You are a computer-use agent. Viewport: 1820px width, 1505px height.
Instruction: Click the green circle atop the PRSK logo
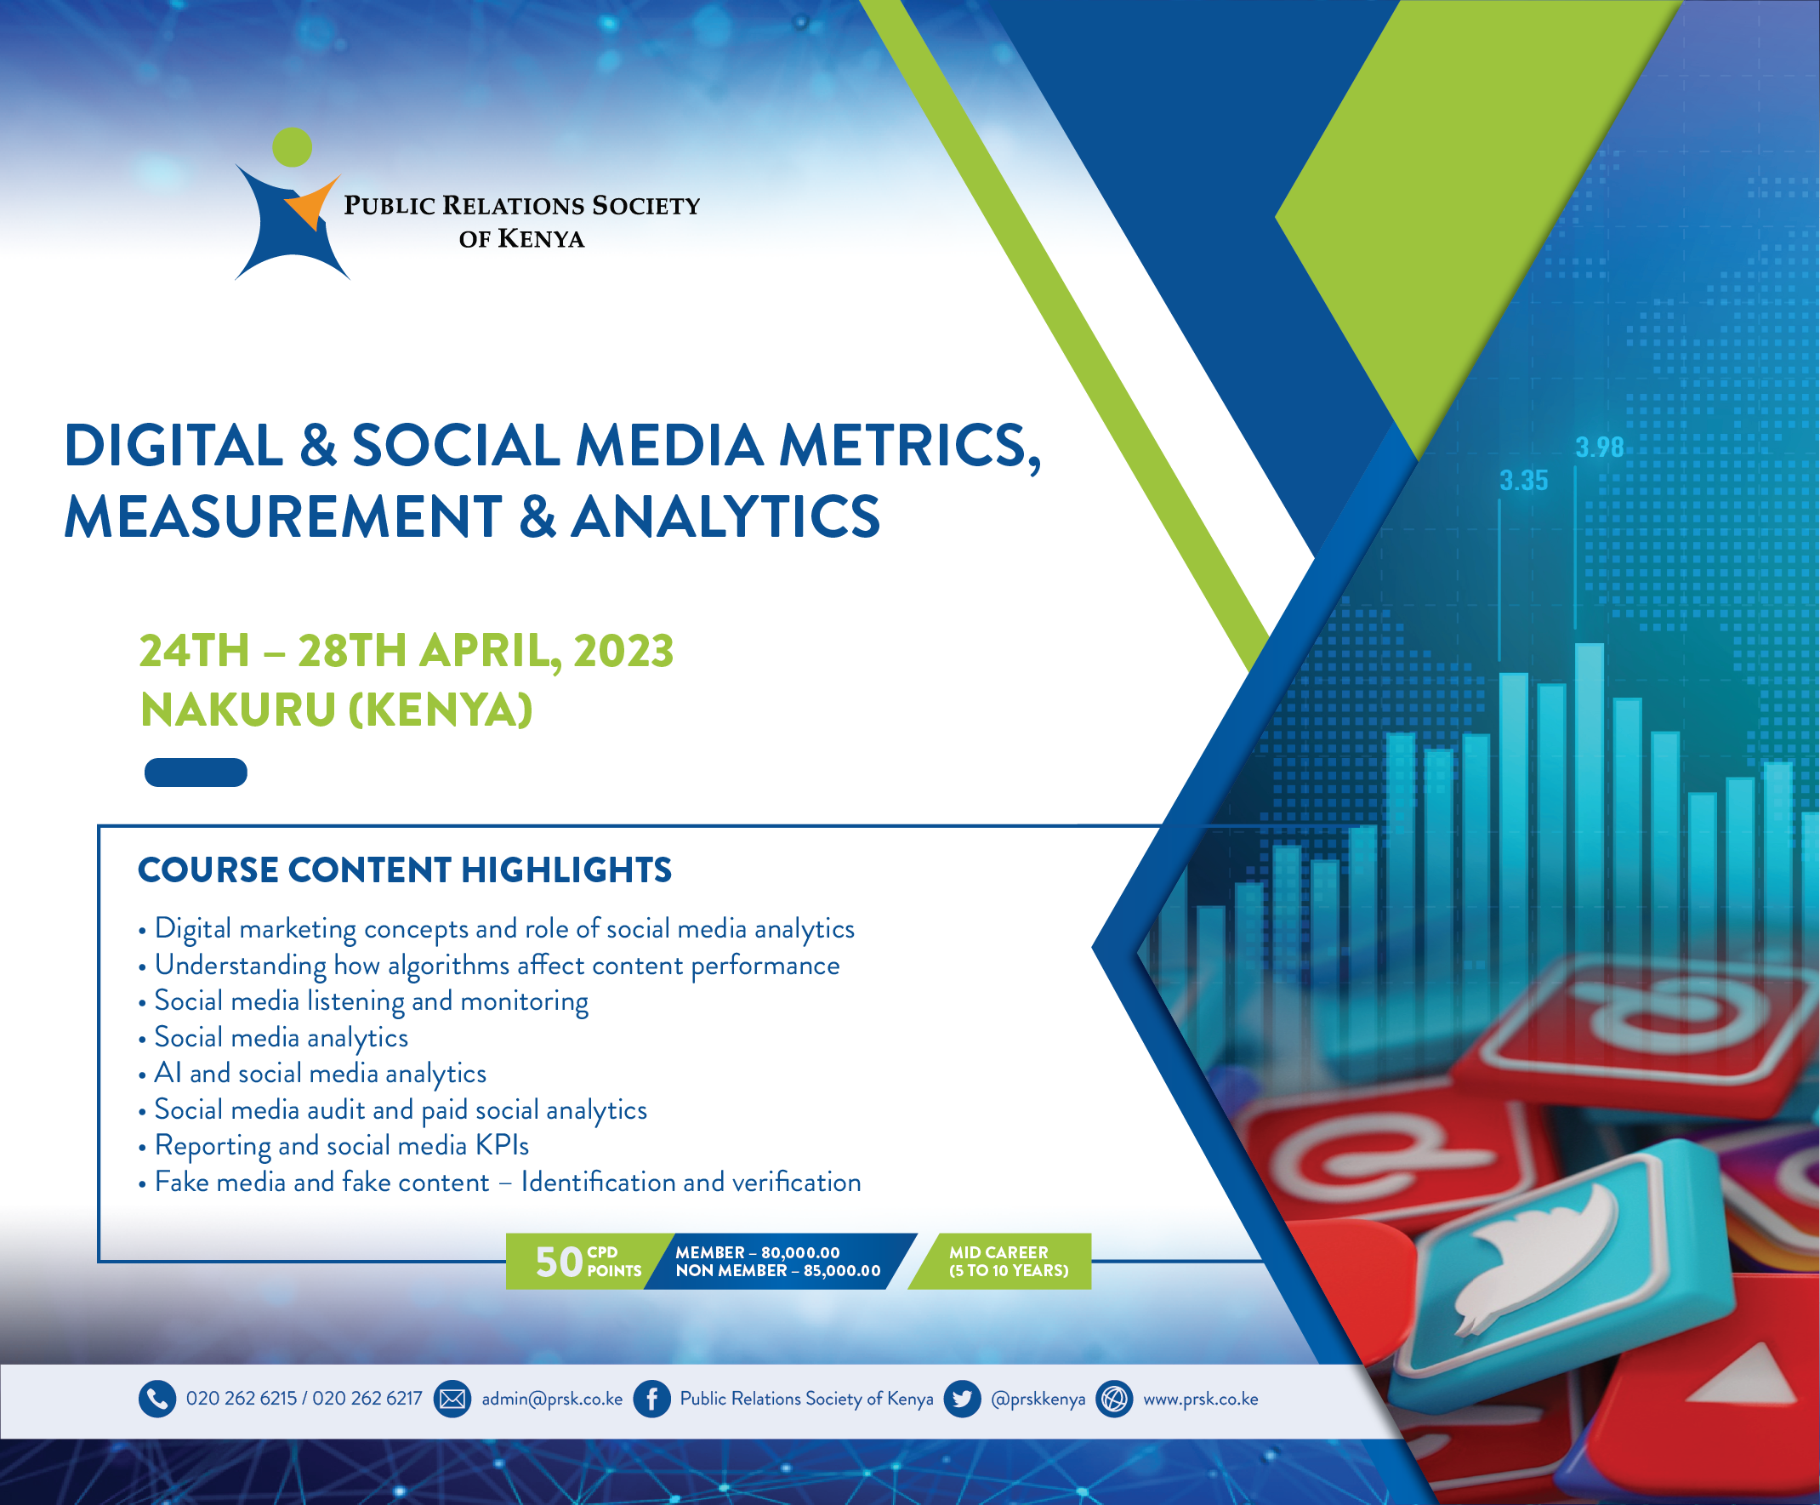click(x=292, y=147)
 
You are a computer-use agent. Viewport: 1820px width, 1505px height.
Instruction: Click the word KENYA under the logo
click(x=541, y=238)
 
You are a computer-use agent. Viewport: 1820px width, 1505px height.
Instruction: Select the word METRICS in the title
click(x=909, y=448)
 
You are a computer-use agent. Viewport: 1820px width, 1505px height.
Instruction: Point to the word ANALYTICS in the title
click(x=725, y=516)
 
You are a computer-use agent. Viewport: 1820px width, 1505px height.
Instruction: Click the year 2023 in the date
click(x=623, y=651)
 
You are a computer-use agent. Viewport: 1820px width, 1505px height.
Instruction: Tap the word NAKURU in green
click(x=238, y=710)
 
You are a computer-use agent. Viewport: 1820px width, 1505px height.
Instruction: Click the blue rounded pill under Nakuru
click(x=196, y=772)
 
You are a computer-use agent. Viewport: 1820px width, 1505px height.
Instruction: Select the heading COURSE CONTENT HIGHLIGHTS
click(x=405, y=869)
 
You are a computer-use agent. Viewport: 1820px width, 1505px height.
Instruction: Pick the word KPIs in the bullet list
click(x=503, y=1146)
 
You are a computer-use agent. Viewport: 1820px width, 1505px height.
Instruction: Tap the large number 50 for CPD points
click(x=559, y=1263)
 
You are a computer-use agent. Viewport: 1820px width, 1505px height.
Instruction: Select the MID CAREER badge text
click(x=1009, y=1262)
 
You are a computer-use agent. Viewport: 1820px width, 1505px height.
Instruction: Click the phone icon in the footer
click(x=156, y=1400)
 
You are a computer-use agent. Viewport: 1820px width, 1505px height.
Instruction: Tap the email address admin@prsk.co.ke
click(x=552, y=1400)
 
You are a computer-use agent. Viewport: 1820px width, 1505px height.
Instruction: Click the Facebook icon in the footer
click(x=651, y=1400)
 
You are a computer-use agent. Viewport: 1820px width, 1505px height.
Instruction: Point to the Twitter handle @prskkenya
click(x=1038, y=1400)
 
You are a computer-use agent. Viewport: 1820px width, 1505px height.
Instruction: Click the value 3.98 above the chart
click(x=1599, y=448)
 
